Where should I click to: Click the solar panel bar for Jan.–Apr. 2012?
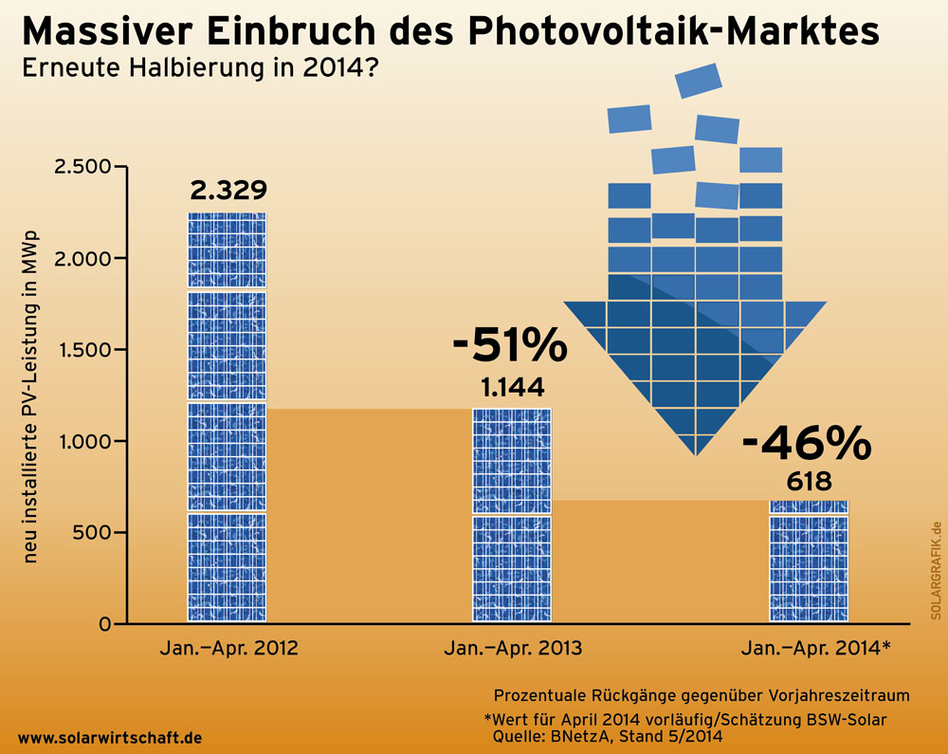point(227,417)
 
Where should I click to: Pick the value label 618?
point(809,479)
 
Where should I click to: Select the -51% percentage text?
point(509,346)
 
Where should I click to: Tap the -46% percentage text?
point(805,441)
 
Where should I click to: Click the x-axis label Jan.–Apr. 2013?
point(512,650)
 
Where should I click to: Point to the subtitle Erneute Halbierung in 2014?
point(194,69)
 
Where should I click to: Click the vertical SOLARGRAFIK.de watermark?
point(934,570)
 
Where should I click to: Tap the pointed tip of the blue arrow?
point(696,454)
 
